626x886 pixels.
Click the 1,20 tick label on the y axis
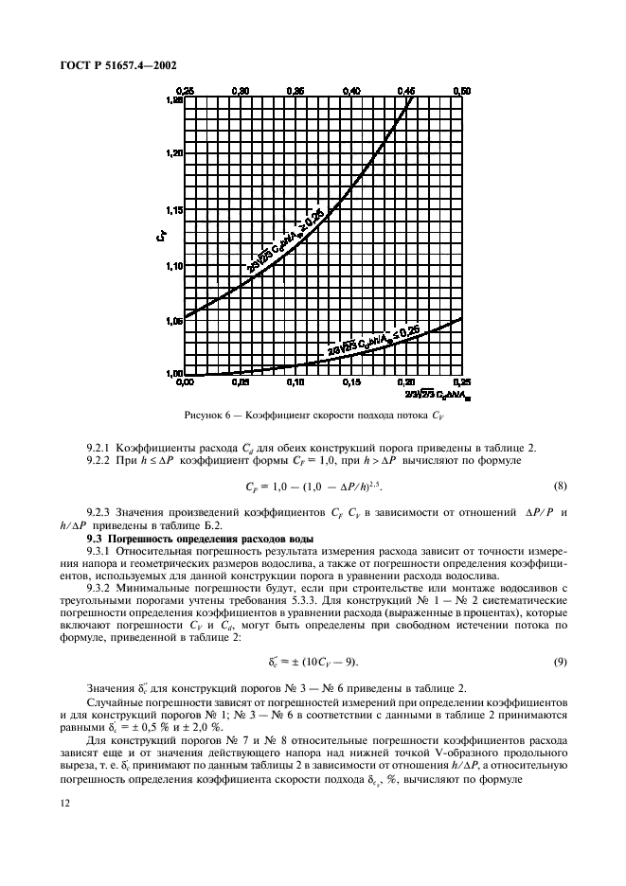173,152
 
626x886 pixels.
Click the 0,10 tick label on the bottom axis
295,383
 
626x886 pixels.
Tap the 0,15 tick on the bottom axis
351,383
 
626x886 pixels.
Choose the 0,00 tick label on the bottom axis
186,383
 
